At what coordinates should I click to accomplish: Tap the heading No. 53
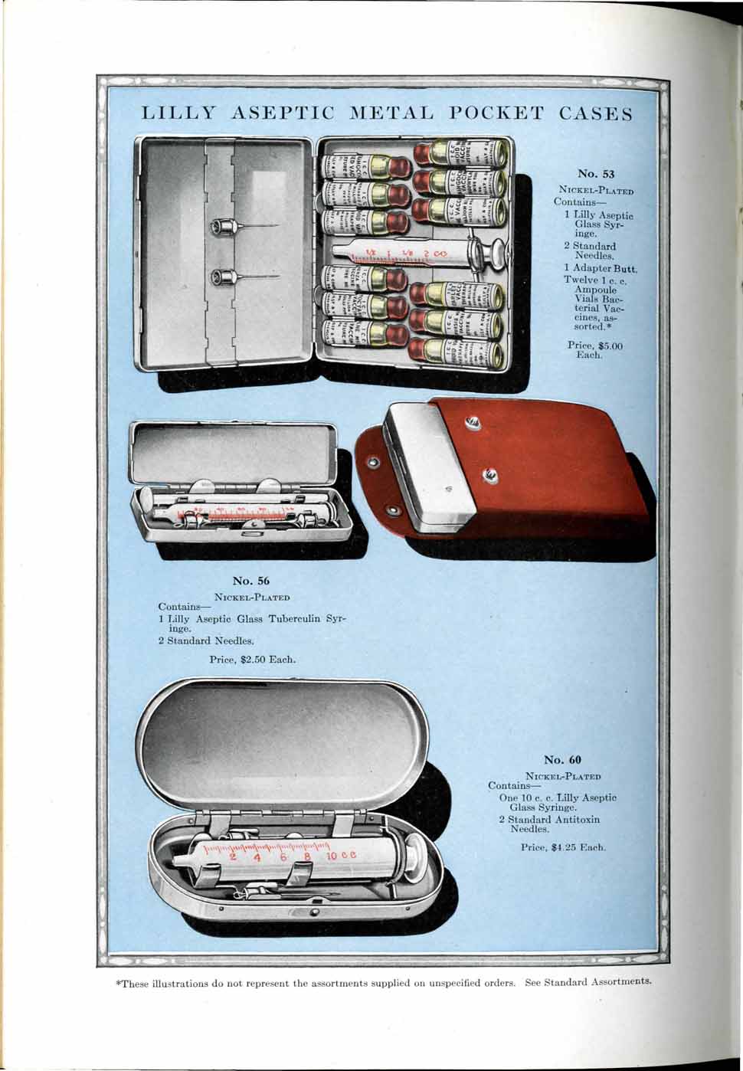(x=596, y=174)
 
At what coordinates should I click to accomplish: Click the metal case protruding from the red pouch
(x=429, y=467)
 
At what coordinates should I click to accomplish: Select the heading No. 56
(x=251, y=581)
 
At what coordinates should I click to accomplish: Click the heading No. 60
(x=562, y=759)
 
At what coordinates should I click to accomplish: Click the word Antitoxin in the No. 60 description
(x=575, y=819)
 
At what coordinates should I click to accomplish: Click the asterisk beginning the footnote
(x=117, y=981)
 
